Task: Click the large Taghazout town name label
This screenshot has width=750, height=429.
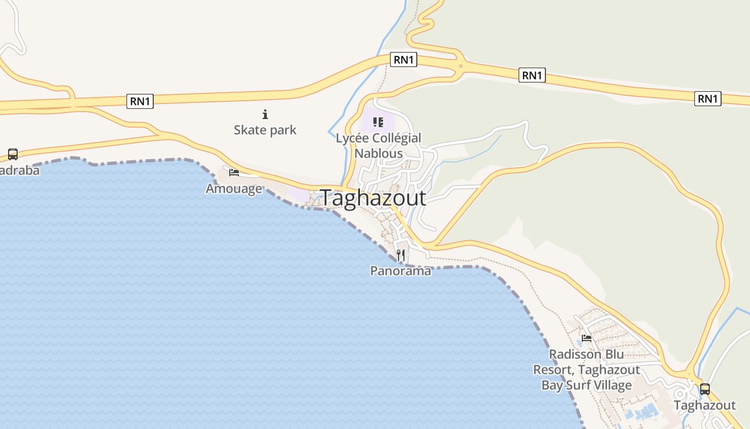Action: click(373, 198)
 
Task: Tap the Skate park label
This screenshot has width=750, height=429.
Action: click(265, 130)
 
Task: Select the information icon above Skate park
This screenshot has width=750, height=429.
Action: click(265, 114)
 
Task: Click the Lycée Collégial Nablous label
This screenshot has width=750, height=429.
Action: click(378, 145)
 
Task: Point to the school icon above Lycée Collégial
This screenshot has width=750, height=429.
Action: click(378, 122)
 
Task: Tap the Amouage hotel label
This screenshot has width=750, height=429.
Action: click(234, 189)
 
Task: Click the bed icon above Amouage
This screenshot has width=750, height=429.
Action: click(234, 172)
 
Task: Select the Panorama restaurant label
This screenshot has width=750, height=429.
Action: click(400, 271)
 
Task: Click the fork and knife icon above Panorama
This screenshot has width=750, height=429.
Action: click(401, 255)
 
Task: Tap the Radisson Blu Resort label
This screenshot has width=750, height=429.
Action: click(587, 370)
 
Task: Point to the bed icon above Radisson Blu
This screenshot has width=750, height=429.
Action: click(587, 338)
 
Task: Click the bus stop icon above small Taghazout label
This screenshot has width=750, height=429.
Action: click(705, 389)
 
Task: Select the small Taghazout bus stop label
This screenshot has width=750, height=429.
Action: click(705, 405)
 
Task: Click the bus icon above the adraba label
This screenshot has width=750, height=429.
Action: click(13, 154)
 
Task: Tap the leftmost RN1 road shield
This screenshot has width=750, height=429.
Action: click(140, 101)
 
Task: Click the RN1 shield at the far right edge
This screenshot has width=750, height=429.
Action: click(708, 99)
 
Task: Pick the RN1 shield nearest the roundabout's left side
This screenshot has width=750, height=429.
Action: click(404, 60)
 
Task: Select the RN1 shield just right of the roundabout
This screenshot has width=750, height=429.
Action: click(532, 76)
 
